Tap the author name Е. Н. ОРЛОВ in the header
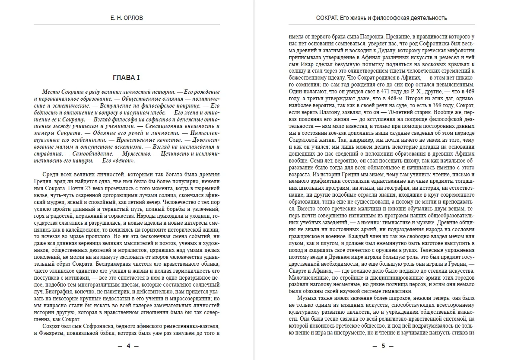pyautogui.click(x=126, y=18)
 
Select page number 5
pyautogui.click(x=382, y=346)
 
